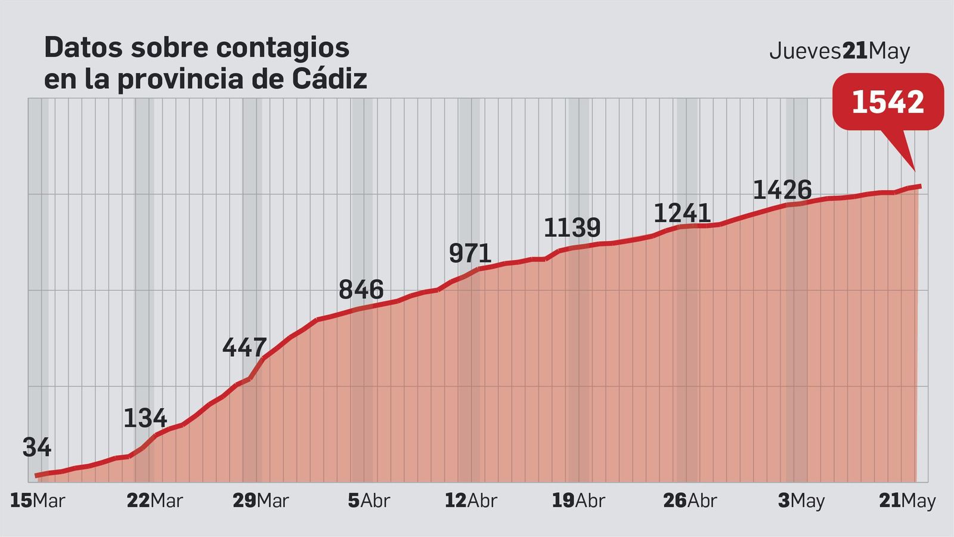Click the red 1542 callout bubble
click(x=888, y=102)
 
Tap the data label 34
click(x=37, y=447)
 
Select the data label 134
click(x=145, y=418)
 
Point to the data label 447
click(x=244, y=347)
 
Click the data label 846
click(x=361, y=290)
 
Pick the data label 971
click(x=470, y=254)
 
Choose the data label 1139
click(x=572, y=228)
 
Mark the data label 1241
click(x=682, y=213)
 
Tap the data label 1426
click(x=782, y=190)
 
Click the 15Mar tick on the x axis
click(x=38, y=501)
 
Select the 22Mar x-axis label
click(x=154, y=501)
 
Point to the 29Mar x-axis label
click(x=261, y=501)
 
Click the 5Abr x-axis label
click(x=368, y=501)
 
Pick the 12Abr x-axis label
click(x=470, y=501)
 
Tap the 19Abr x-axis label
click(x=578, y=501)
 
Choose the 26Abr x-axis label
click(x=690, y=501)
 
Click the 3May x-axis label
click(x=801, y=501)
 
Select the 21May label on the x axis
click(x=907, y=501)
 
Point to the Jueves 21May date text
click(x=840, y=51)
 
